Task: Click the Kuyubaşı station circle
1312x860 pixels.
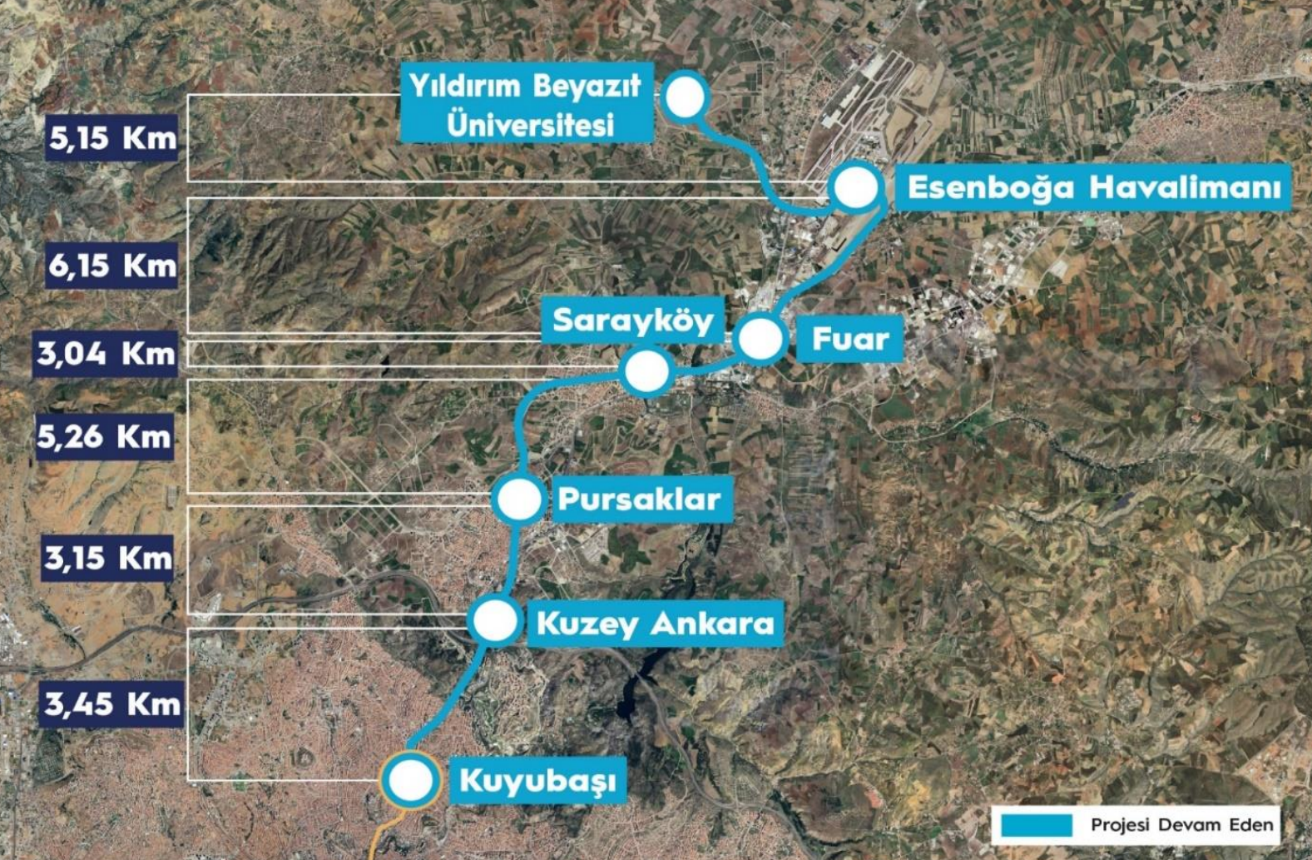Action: coord(410,780)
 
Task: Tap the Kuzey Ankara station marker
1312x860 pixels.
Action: coord(495,620)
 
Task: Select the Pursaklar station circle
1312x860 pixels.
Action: coord(518,498)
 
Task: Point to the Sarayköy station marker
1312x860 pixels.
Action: coord(647,370)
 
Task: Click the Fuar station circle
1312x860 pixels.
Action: coord(760,339)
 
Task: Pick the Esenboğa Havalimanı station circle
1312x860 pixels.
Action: coord(855,187)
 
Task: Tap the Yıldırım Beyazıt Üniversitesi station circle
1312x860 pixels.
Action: coord(685,96)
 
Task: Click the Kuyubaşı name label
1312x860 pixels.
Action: coord(537,781)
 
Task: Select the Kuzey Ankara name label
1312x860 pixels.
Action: coord(656,623)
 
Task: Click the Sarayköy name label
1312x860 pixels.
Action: coord(632,320)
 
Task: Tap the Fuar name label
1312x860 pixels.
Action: coord(850,338)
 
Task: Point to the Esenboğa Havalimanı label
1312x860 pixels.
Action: coord(1093,187)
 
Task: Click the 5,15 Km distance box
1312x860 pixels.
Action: coord(112,137)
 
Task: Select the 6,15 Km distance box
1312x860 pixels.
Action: coord(112,266)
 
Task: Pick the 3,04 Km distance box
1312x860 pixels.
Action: coord(106,354)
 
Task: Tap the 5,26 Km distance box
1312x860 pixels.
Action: coord(104,436)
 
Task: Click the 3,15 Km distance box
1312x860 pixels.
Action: coord(108,558)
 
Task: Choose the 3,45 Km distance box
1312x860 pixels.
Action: coord(111,704)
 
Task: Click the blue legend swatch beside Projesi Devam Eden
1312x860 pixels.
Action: coord(1036,825)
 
